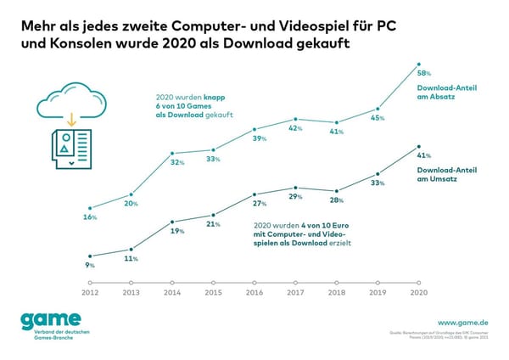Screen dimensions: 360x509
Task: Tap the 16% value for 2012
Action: [90, 217]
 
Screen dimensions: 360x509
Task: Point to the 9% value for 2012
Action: [90, 265]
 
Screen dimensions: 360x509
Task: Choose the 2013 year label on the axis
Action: [131, 293]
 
